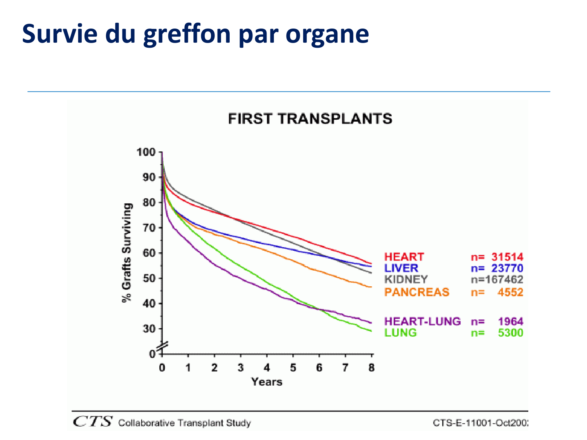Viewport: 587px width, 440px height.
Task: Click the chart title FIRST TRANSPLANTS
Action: [310, 119]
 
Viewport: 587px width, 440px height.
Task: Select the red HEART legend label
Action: [404, 257]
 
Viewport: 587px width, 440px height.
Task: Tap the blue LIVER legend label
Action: [401, 268]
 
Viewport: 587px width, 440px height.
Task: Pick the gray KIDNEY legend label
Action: [406, 280]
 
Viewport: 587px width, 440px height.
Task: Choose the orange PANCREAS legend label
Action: [417, 292]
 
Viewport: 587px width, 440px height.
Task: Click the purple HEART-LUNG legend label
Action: [422, 321]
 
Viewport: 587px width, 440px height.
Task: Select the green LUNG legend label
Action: [400, 333]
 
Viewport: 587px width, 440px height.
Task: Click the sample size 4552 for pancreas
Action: [510, 292]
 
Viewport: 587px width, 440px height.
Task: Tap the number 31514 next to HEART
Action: [507, 257]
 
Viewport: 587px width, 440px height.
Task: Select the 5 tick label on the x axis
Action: [293, 368]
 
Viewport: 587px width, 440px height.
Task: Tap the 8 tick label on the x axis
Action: [371, 368]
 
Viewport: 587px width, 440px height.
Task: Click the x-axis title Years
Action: [266, 382]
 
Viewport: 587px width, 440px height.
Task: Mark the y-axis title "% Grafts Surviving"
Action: [127, 253]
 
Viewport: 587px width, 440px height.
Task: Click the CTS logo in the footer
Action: [93, 422]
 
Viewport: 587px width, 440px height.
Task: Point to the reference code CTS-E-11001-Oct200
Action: [480, 423]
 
